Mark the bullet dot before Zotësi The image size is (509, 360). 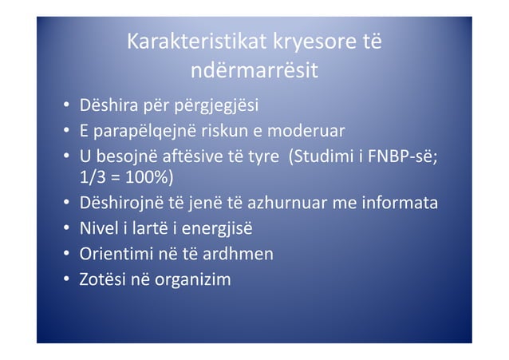(64, 280)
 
